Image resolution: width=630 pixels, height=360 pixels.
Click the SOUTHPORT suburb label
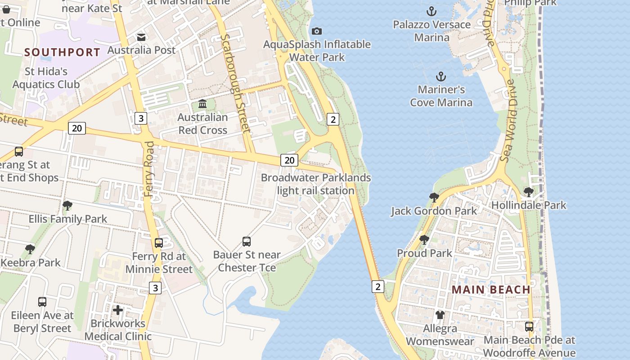click(62, 52)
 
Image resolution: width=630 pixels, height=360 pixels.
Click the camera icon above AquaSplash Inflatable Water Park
click(317, 31)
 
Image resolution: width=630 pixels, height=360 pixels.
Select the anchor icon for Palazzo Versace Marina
click(432, 11)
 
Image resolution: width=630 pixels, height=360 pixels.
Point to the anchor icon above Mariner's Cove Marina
click(441, 76)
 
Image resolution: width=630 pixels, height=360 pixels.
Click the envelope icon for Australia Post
click(141, 37)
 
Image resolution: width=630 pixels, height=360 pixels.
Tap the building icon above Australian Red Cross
click(202, 104)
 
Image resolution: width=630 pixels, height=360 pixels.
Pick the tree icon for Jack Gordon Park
click(434, 198)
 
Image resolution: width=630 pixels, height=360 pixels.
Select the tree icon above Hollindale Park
click(529, 192)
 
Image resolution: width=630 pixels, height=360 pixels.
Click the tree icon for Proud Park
click(424, 240)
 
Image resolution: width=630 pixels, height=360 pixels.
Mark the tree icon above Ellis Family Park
click(67, 206)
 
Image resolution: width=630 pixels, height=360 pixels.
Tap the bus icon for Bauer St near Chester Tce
click(247, 242)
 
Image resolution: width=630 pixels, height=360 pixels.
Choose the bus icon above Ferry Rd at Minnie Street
click(159, 243)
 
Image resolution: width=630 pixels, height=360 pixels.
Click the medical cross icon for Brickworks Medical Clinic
click(118, 310)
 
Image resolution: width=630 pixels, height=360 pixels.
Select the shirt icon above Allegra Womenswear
click(440, 315)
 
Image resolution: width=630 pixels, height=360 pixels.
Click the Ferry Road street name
click(149, 169)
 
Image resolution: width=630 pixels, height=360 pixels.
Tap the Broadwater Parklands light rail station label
click(316, 184)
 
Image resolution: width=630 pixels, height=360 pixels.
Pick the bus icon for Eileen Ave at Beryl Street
click(42, 302)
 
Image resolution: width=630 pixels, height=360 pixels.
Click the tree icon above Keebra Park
click(30, 249)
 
